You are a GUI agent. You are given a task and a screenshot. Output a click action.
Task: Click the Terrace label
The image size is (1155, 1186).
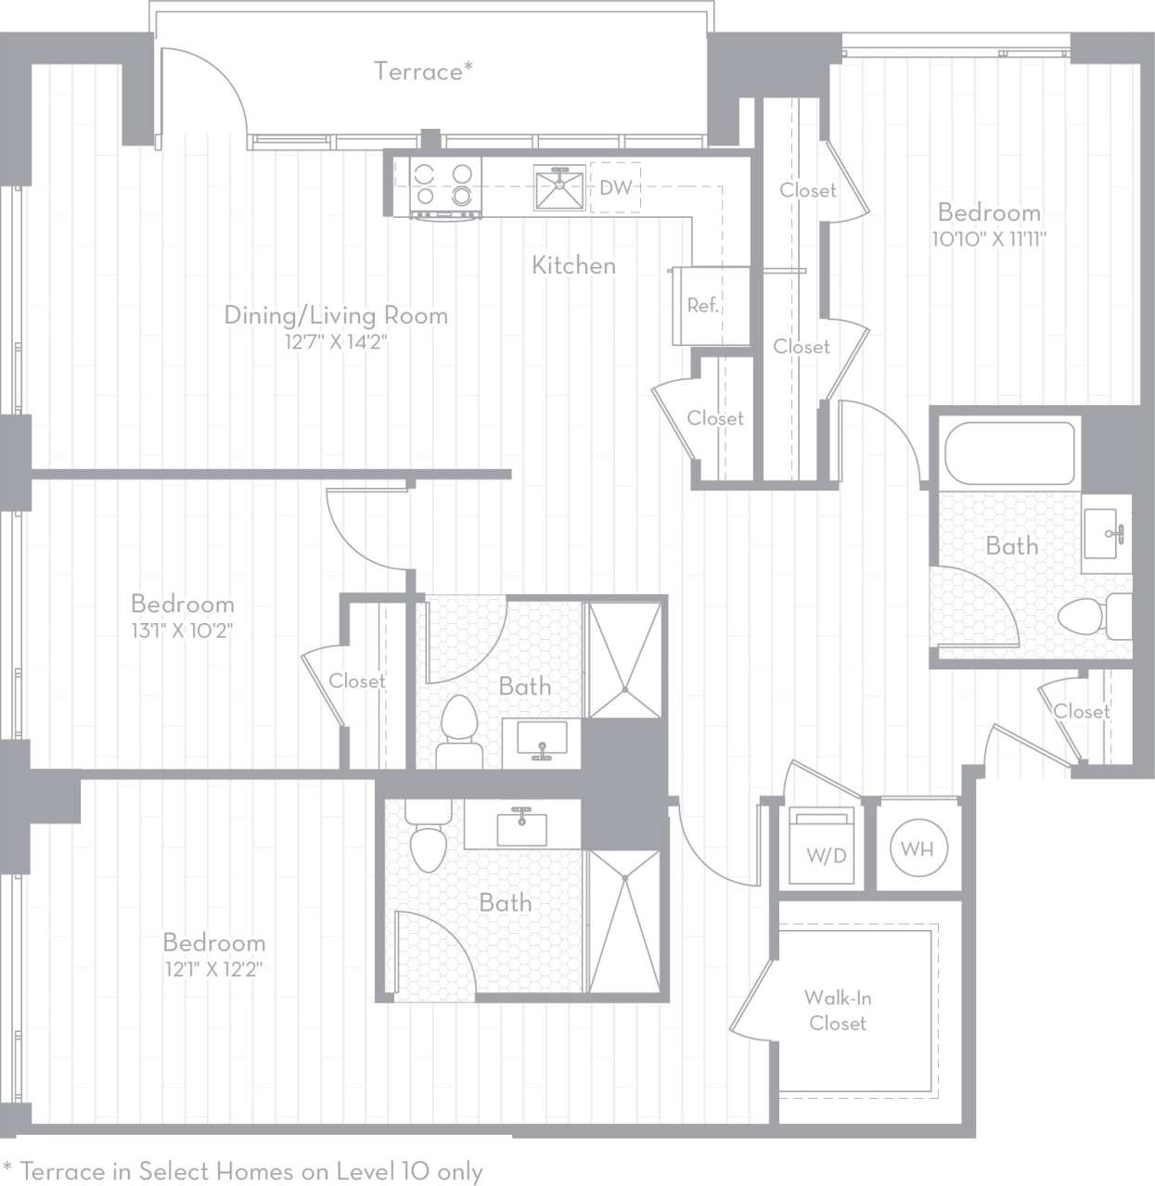422,71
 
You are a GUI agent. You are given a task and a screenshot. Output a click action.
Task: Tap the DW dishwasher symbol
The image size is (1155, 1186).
615,187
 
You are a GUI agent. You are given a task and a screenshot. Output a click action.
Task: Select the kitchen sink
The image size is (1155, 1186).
559,187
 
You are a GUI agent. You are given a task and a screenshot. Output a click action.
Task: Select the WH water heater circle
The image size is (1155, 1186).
918,848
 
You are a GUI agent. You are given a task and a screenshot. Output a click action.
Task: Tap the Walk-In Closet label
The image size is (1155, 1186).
837,1011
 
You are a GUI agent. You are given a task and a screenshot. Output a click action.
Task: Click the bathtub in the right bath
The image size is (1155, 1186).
1009,453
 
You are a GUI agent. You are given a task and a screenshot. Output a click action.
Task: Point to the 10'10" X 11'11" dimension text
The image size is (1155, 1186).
989,239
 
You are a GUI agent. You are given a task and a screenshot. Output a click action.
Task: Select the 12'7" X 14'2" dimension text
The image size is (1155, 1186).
335,342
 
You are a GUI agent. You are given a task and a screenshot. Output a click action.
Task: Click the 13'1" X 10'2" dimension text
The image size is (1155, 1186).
182,631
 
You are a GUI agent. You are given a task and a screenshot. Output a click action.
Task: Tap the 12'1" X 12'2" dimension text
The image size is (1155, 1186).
213,970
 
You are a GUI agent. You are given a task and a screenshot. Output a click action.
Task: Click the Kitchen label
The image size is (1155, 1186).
573,265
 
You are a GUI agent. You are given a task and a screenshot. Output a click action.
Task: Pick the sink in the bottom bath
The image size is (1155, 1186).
521,826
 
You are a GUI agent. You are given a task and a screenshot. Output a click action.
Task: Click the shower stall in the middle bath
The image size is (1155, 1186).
625,659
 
